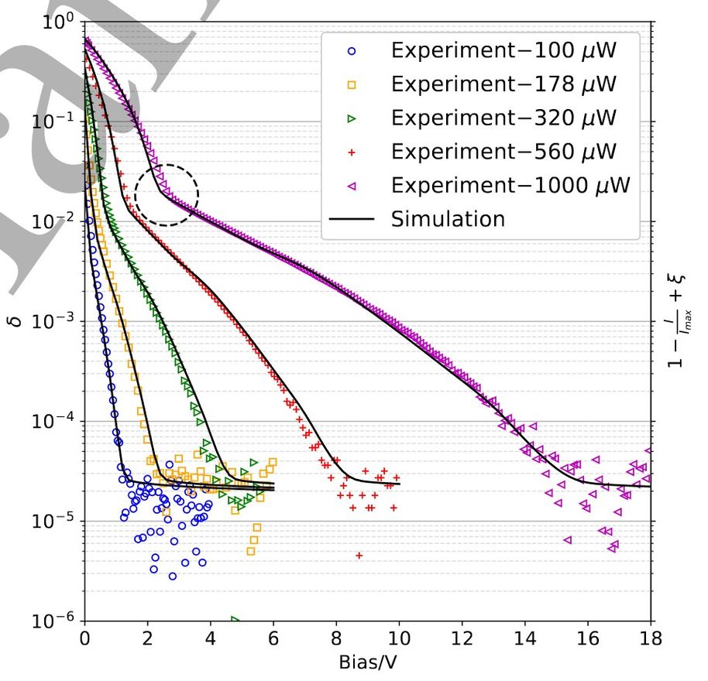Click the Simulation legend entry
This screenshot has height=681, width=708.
(x=448, y=219)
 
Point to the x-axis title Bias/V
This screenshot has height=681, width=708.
(x=368, y=663)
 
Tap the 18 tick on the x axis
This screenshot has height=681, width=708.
(x=651, y=640)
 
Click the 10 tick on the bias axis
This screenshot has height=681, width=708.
(x=399, y=640)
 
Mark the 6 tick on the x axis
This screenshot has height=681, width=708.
(x=273, y=640)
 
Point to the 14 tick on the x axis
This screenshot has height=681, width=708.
(x=525, y=640)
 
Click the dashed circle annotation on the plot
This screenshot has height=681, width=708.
(x=167, y=195)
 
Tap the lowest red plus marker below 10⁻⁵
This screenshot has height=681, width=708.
(x=359, y=555)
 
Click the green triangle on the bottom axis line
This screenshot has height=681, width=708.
(x=234, y=619)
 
